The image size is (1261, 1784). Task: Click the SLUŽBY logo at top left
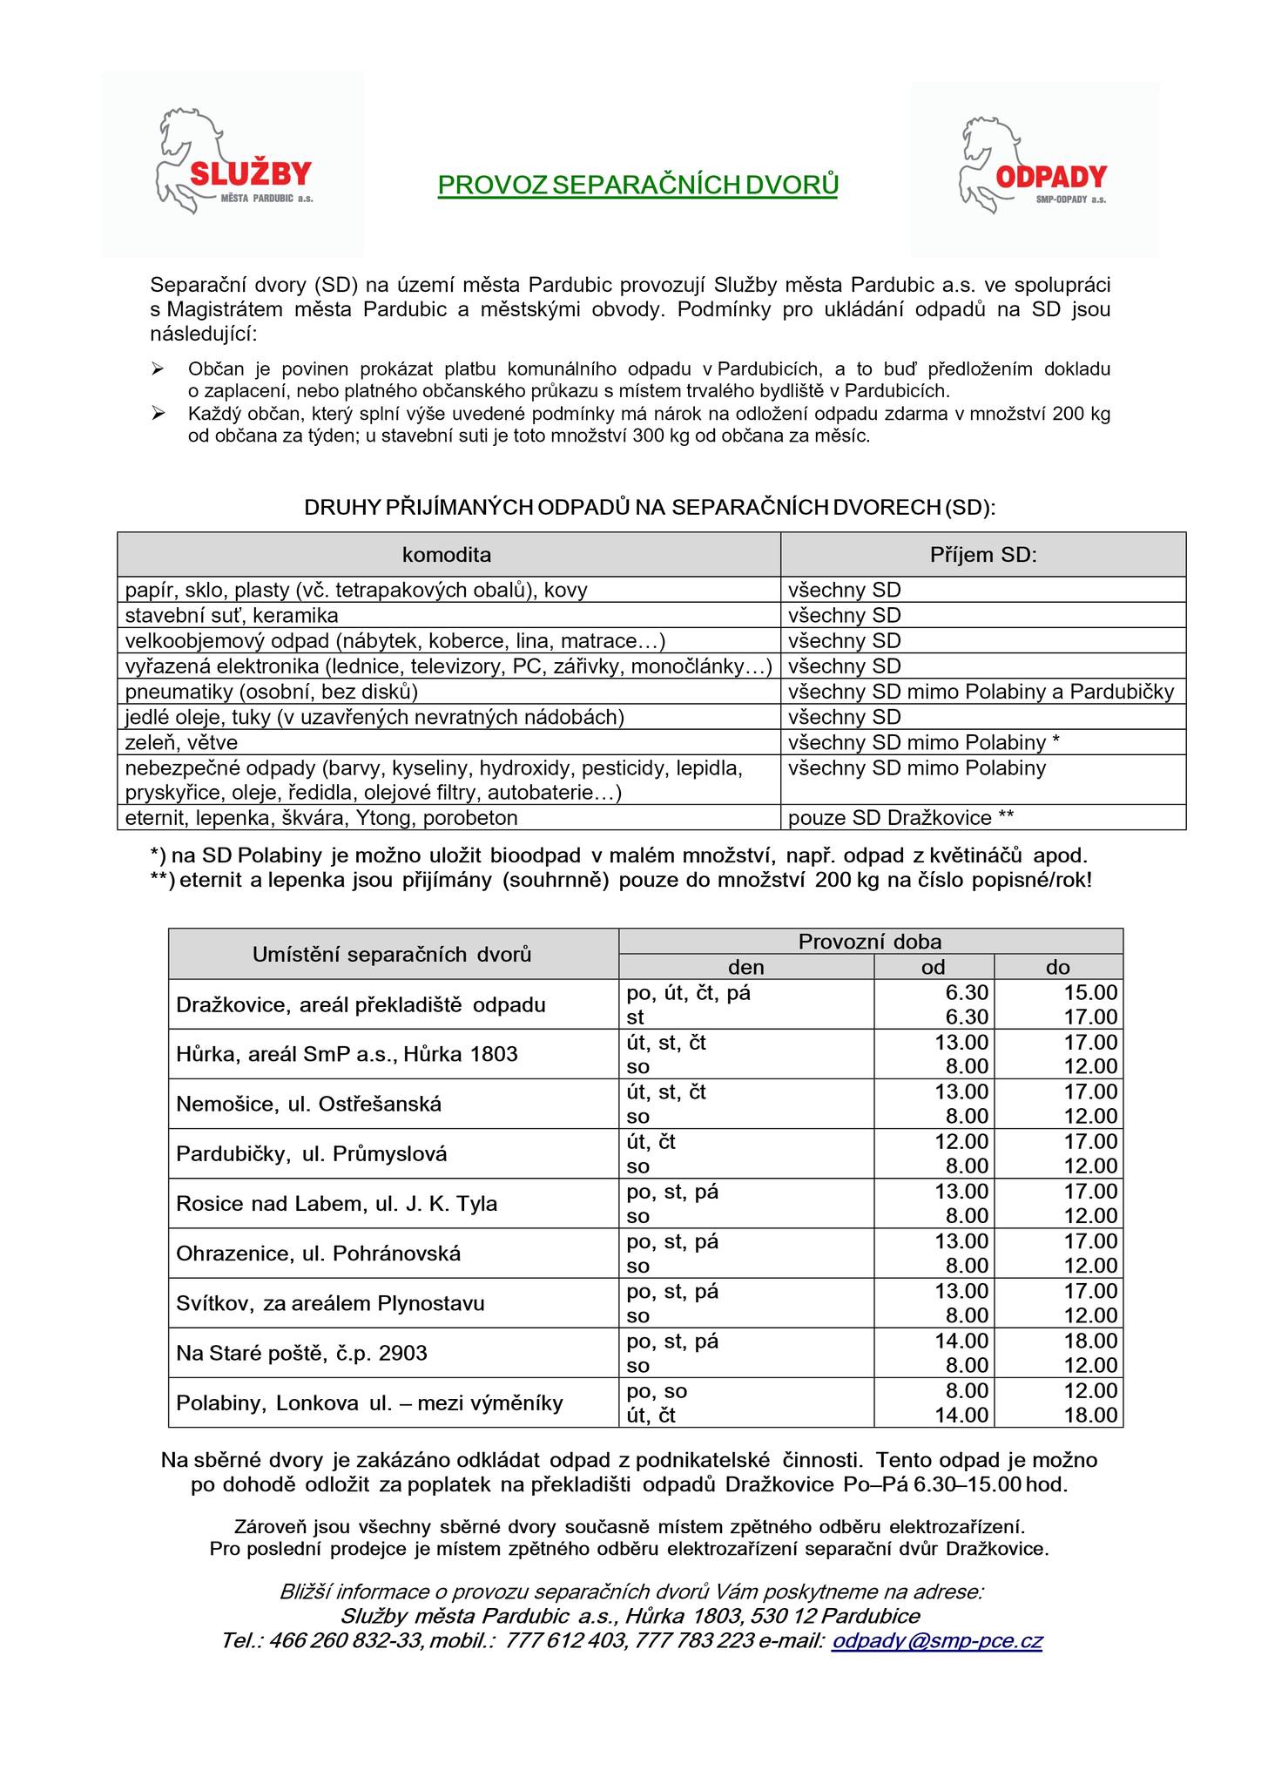coord(233,165)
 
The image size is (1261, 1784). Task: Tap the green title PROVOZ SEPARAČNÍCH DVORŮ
coord(637,186)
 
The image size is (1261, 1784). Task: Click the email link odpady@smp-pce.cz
coord(937,1641)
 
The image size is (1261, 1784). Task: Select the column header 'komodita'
coord(447,555)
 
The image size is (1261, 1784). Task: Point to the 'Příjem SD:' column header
coord(983,555)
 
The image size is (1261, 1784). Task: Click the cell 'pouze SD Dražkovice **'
coord(900,817)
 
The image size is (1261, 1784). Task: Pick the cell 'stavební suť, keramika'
coord(232,615)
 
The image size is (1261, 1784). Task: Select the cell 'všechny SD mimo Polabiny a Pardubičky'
coord(981,692)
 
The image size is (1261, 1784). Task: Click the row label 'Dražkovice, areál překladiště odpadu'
coord(361,1004)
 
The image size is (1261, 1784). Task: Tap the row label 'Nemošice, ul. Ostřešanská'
coord(308,1104)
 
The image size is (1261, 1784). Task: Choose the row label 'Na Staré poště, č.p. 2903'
coord(301,1353)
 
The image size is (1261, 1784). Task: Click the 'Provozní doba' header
coord(870,941)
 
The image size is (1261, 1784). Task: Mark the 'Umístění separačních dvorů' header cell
coord(392,954)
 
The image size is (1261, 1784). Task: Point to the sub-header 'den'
coord(745,966)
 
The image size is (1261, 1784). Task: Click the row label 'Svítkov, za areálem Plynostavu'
coord(330,1303)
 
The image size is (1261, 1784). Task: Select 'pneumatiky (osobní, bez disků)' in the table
coord(272,692)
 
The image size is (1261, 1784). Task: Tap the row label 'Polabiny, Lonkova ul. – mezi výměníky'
coord(369,1402)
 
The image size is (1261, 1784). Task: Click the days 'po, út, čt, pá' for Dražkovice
coord(688,992)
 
